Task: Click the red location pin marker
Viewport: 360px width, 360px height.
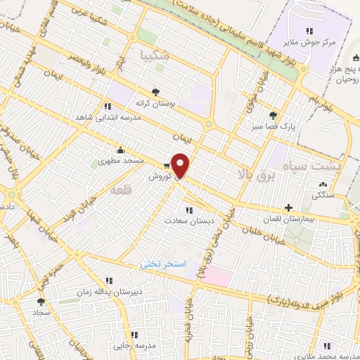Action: click(181, 166)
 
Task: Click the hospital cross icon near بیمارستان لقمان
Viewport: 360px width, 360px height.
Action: click(288, 207)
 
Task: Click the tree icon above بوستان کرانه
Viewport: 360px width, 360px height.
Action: click(155, 91)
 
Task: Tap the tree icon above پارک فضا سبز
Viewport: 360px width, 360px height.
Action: click(273, 115)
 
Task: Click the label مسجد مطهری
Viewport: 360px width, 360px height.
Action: click(121, 161)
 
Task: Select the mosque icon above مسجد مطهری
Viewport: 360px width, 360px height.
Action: click(121, 149)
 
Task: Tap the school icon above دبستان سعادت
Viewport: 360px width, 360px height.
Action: click(188, 210)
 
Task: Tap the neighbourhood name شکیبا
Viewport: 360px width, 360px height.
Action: click(155, 53)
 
